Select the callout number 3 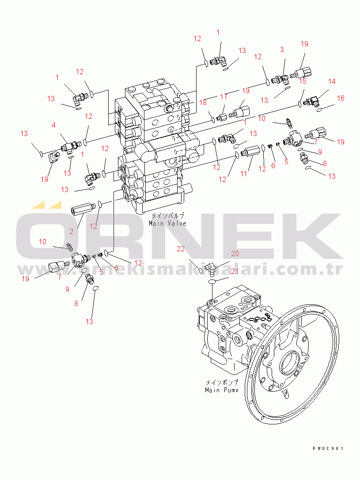(x=282, y=50)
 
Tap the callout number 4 (x=53, y=125)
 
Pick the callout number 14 (x=332, y=81)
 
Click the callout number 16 (x=341, y=98)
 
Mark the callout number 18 (x=203, y=102)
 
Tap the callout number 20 (x=235, y=253)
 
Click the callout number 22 (x=181, y=249)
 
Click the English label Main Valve (x=167, y=223)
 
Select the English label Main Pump (x=221, y=390)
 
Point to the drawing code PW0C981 (x=327, y=449)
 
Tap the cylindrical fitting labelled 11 (x=250, y=152)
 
